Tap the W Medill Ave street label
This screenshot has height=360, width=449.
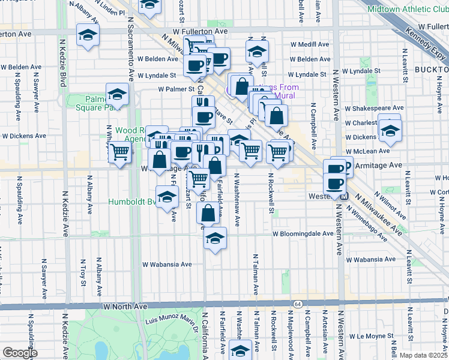pos(309,44)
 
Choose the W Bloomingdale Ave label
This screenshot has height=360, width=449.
pos(303,234)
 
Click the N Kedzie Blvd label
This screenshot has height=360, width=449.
pos(63,63)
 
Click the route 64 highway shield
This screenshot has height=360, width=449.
pos(298,305)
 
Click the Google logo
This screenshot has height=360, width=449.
pos(20,353)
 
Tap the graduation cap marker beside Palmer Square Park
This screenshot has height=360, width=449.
pos(117,94)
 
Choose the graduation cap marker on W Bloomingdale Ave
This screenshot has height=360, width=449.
pos(214,238)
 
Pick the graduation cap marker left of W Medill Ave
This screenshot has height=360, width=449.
pos(257,52)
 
